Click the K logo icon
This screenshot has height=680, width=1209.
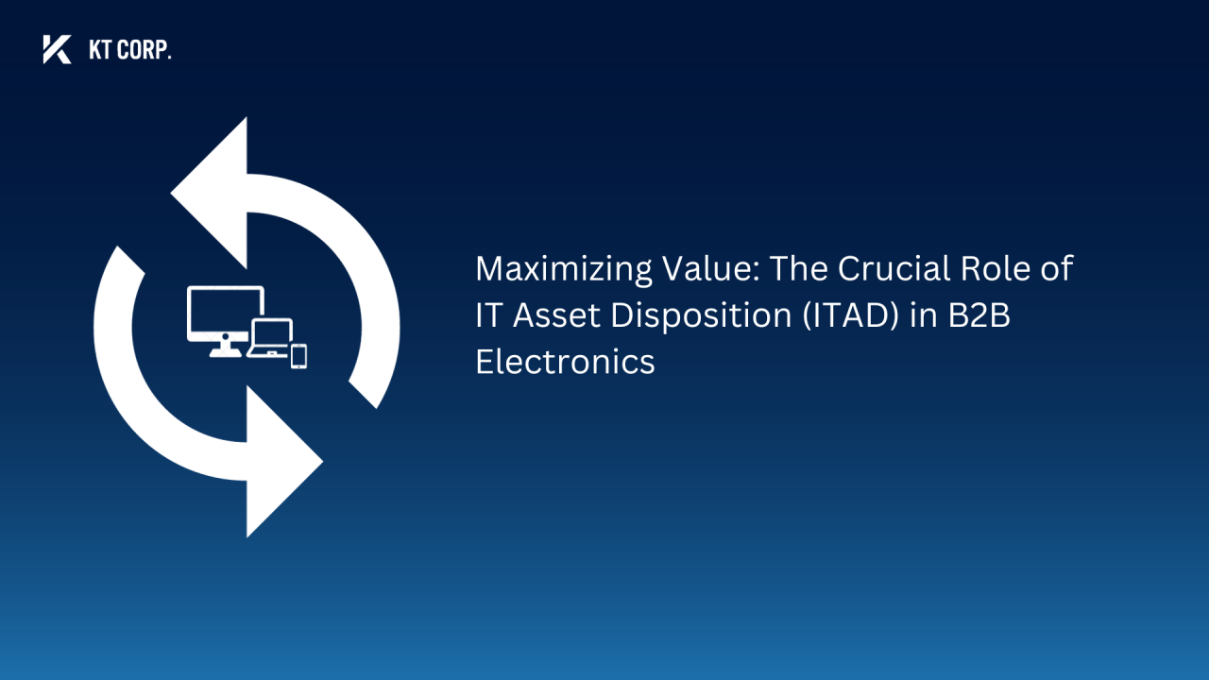click(57, 49)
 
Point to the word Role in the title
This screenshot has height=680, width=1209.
click(1010, 269)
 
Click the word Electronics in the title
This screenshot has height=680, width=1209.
click(565, 363)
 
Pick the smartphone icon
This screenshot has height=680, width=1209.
click(298, 356)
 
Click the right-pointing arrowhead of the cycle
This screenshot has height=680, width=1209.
click(283, 463)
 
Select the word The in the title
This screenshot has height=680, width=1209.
click(799, 269)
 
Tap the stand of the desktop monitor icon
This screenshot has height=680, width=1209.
click(225, 349)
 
